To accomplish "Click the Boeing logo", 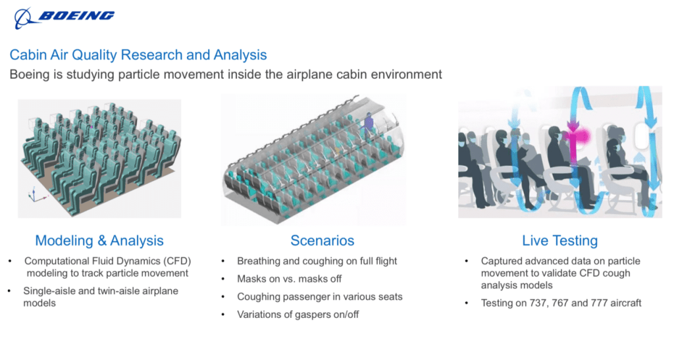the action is click(65, 18).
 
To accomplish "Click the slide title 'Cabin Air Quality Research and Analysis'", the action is click(138, 55).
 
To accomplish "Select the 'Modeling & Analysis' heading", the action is click(99, 241).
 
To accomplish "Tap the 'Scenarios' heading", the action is click(323, 241).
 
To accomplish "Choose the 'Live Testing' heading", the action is click(559, 241).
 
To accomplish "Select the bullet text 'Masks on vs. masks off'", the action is click(290, 279).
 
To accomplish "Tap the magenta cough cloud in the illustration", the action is click(578, 137).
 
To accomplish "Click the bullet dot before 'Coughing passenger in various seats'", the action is click(223, 297).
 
